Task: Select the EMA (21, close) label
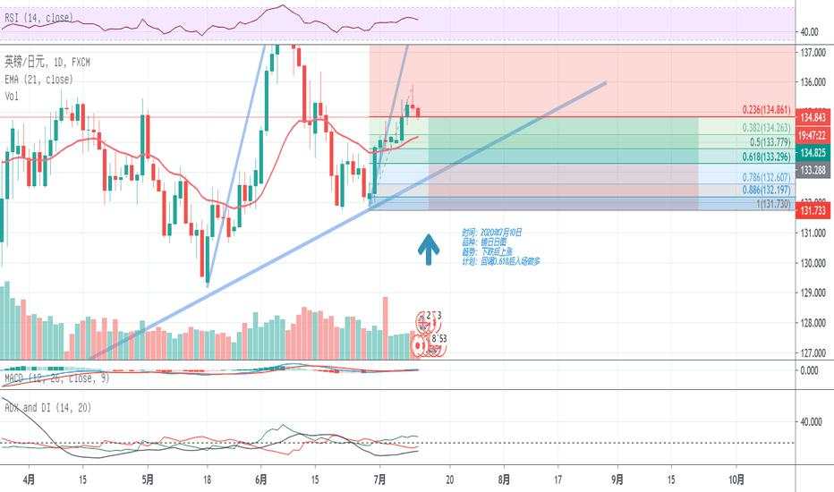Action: click(x=38, y=79)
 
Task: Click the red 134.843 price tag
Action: click(x=812, y=117)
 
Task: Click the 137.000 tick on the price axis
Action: click(x=811, y=53)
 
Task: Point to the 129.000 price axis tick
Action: click(x=811, y=293)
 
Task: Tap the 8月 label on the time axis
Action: click(x=505, y=479)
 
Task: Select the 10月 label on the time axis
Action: click(x=737, y=479)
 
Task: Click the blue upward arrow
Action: click(x=430, y=249)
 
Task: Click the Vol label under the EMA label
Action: click(x=13, y=95)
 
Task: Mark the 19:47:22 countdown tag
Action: click(x=812, y=134)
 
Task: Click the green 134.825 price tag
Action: click(x=812, y=153)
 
